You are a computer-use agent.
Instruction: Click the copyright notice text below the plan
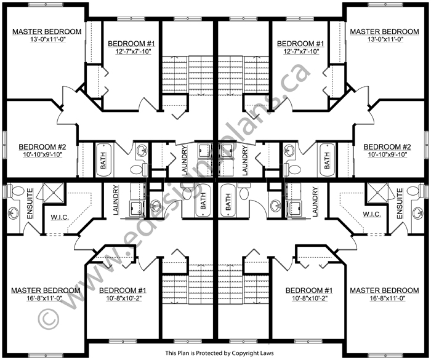pyautogui.click(x=219, y=353)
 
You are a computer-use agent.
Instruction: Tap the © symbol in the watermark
pyautogui.click(x=49, y=319)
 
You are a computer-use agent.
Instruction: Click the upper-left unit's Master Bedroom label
pyautogui.click(x=47, y=31)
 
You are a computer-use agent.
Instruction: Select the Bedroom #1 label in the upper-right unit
pyautogui.click(x=300, y=44)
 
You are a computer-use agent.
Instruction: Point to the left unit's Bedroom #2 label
pyautogui.click(x=42, y=147)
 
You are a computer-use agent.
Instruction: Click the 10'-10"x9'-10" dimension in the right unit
pyautogui.click(x=387, y=154)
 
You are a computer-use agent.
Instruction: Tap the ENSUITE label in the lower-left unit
pyautogui.click(x=30, y=203)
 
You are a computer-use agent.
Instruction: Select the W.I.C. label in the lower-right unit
pyautogui.click(x=372, y=214)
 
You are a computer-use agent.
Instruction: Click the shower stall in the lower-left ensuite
pyautogui.click(x=54, y=193)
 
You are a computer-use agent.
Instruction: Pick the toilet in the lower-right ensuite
pyautogui.click(x=415, y=191)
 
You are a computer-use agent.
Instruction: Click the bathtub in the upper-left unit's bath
pyautogui.click(x=103, y=160)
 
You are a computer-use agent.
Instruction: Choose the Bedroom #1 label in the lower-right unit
pyautogui.click(x=309, y=290)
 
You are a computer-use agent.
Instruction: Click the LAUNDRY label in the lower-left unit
pyautogui.click(x=116, y=200)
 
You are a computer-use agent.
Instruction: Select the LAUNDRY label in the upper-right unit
pyautogui.click(x=244, y=161)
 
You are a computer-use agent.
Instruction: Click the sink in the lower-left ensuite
pyautogui.click(x=13, y=213)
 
